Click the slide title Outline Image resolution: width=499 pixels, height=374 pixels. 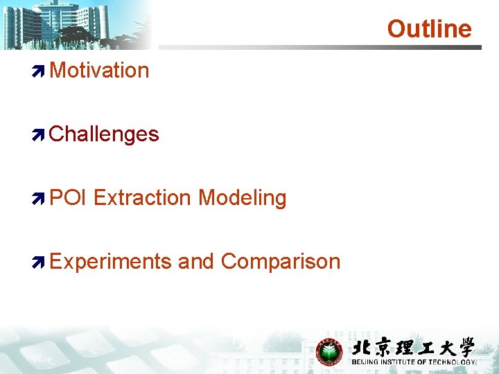point(429,29)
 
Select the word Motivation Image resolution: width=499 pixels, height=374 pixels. point(99,71)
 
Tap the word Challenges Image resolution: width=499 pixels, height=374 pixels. point(104,134)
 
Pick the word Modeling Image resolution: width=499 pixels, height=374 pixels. point(242,198)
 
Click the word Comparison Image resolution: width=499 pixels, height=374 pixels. point(281,262)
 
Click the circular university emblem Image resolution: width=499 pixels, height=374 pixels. point(330,352)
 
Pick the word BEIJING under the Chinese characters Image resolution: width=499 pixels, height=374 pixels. point(365,362)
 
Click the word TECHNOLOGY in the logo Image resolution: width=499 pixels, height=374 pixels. point(453,362)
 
